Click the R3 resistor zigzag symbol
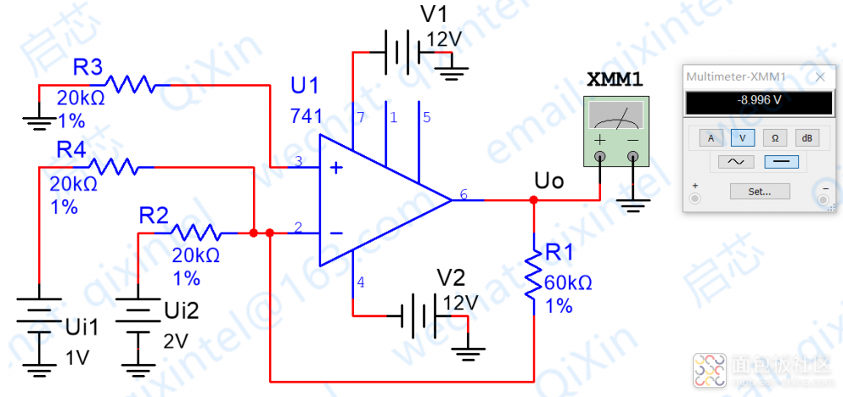coord(128,83)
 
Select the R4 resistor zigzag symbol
coord(112,166)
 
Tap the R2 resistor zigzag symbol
coord(196,231)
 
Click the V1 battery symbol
coord(402,52)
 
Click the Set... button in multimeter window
coord(760,191)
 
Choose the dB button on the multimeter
coord(807,137)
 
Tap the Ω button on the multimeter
coord(775,137)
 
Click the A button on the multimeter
coord(711,137)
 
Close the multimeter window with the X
coord(821,77)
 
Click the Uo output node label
coord(549,181)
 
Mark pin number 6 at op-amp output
coord(464,195)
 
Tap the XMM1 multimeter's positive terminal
coord(601,156)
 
